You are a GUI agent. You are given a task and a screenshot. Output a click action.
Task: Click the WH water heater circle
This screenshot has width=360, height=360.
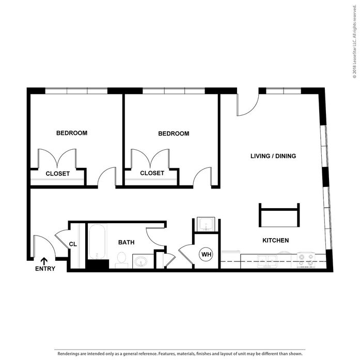pyautogui.click(x=206, y=255)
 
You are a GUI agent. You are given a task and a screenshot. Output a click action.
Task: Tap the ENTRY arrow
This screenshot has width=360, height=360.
pyautogui.click(x=44, y=261)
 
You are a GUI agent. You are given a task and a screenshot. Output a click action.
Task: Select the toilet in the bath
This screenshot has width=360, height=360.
pyautogui.click(x=121, y=260)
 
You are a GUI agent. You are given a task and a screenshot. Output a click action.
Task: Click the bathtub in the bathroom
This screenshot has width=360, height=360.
pyautogui.click(x=97, y=242)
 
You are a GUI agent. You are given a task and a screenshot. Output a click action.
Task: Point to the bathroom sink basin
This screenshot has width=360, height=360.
pyautogui.click(x=141, y=261)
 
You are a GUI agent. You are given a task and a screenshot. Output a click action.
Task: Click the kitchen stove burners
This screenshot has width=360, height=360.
pyautogui.click(x=306, y=260)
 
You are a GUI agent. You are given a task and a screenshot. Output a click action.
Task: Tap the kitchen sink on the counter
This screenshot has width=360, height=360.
pyautogui.click(x=267, y=261)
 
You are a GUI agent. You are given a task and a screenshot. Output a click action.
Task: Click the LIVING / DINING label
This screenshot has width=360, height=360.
pyautogui.click(x=273, y=156)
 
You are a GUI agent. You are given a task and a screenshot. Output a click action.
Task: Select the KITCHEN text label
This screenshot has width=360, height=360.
pyautogui.click(x=275, y=240)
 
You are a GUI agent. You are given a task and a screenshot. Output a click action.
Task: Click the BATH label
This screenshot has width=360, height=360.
pyautogui.click(x=126, y=242)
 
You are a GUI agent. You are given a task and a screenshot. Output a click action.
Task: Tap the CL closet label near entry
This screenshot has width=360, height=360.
pyautogui.click(x=73, y=244)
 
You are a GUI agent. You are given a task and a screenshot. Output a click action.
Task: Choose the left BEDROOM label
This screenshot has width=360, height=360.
pyautogui.click(x=72, y=133)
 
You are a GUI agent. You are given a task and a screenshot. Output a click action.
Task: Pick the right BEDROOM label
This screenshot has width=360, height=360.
pyautogui.click(x=174, y=134)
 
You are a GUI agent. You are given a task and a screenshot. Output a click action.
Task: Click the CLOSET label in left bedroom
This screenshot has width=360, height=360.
pyautogui.click(x=58, y=174)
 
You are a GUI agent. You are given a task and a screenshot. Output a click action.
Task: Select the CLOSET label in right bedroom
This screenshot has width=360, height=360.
pyautogui.click(x=152, y=173)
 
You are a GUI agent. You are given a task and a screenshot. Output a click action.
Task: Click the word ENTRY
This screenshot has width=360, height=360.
pyautogui.click(x=45, y=269)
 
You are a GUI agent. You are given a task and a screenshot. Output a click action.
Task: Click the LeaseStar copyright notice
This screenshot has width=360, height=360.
pyautogui.click(x=355, y=41)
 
